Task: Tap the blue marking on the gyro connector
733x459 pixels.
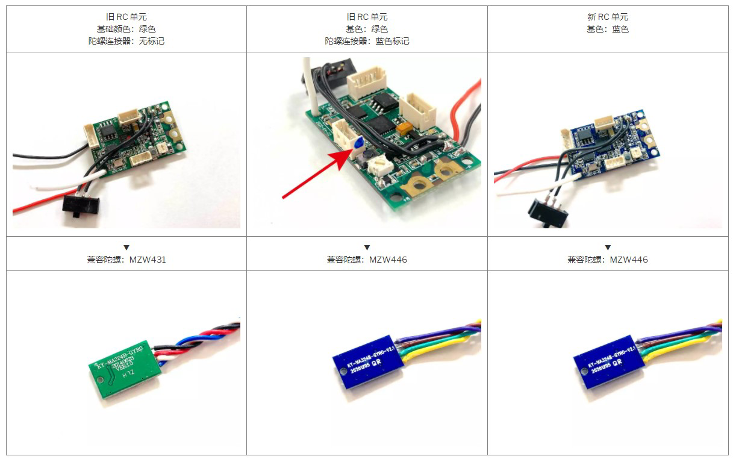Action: point(357,143)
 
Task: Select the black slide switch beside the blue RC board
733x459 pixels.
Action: point(547,213)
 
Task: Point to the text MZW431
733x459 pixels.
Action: point(148,260)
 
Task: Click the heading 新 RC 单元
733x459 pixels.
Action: point(607,17)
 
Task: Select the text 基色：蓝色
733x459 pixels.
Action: point(607,29)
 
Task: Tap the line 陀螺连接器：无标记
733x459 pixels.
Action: point(126,41)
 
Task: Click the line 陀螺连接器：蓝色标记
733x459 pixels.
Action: point(367,41)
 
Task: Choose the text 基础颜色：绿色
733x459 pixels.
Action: point(126,29)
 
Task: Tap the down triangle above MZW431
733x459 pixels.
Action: point(126,248)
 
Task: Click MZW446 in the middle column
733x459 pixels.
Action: point(388,260)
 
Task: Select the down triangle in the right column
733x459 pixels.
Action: point(608,248)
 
